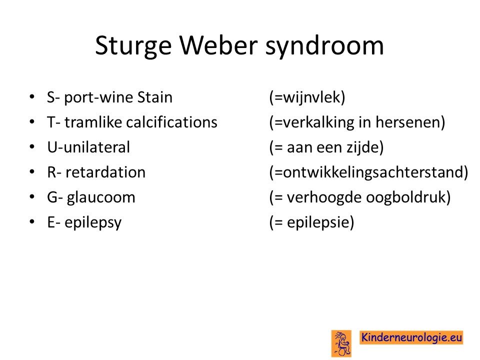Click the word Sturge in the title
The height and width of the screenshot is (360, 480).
coord(133,46)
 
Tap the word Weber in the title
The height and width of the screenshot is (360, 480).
coord(218,45)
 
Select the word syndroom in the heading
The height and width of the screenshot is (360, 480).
coord(324,46)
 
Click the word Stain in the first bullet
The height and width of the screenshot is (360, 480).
coord(155,97)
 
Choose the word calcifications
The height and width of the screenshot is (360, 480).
coord(171,122)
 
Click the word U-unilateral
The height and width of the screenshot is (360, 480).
coord(89,147)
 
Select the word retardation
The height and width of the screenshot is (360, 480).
coord(105,172)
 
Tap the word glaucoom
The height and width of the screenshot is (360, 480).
coord(101,198)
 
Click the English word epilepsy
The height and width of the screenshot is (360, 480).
coord(93,223)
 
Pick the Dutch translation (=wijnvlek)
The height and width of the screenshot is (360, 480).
coord(307,97)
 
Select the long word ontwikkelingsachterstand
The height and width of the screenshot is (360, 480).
coord(372,172)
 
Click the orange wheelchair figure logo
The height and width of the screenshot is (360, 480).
coord(341,343)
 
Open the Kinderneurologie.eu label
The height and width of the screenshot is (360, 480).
coord(411,337)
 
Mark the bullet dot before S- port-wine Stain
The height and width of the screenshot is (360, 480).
coord(32,97)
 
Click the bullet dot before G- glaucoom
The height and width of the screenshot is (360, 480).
coord(32,197)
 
